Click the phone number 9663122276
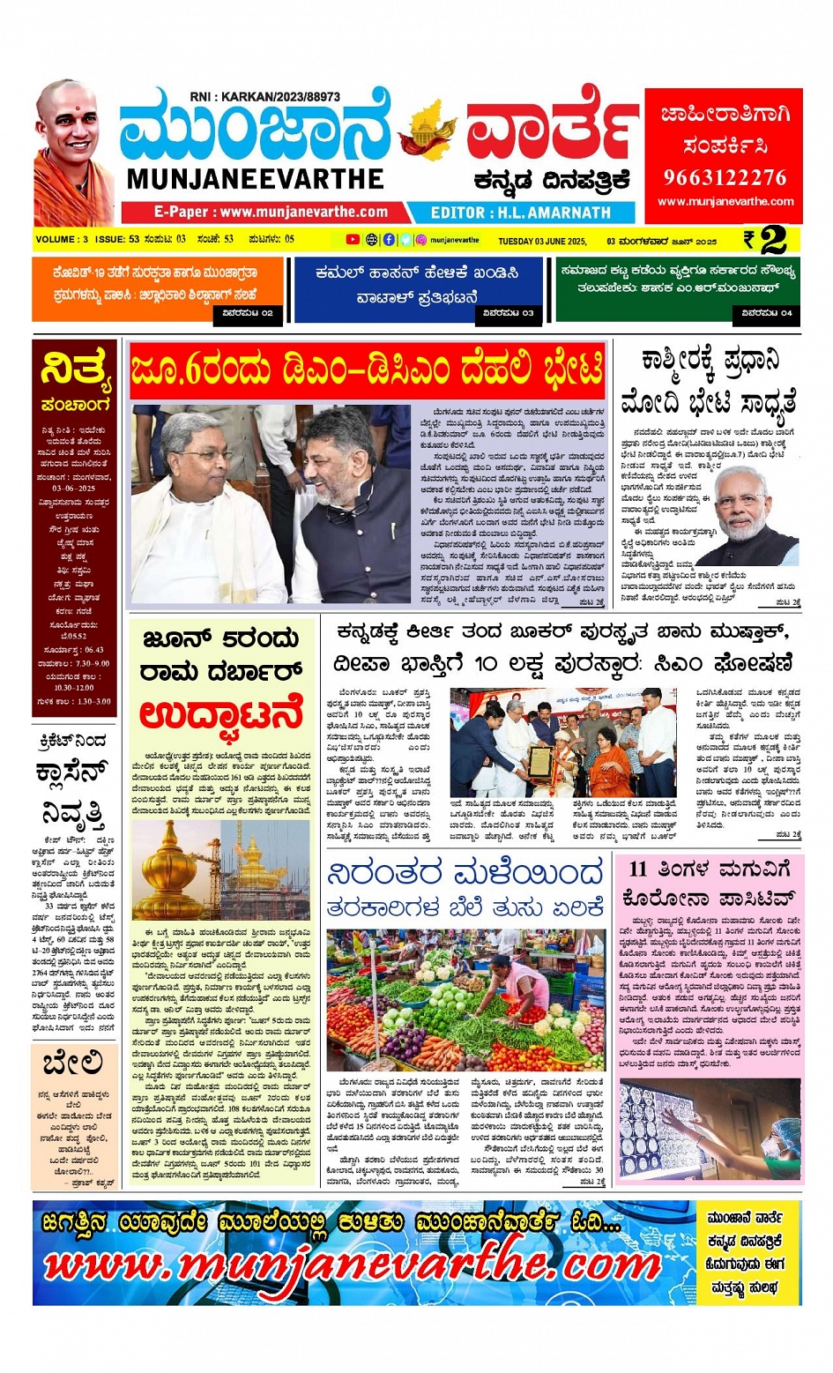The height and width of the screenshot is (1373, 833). (x=724, y=177)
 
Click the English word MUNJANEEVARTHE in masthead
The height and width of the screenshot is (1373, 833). (x=255, y=179)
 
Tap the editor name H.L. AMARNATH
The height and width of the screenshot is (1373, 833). (x=520, y=213)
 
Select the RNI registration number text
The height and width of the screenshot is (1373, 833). (x=264, y=97)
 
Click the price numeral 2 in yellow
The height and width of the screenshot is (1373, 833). (x=773, y=240)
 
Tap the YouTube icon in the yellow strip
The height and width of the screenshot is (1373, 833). (x=353, y=239)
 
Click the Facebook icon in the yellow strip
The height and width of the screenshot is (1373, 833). (x=389, y=239)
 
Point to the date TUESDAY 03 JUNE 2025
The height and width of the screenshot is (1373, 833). (x=542, y=241)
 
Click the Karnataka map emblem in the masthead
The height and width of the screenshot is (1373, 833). (x=428, y=131)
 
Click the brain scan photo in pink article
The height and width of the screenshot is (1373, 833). (x=709, y=1131)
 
